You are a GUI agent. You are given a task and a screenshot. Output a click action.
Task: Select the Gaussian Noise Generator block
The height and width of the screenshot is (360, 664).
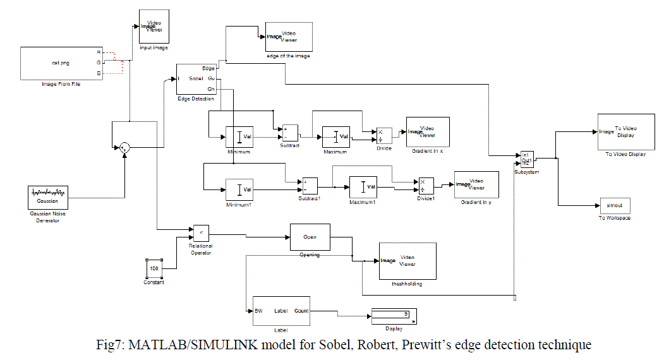(x=47, y=196)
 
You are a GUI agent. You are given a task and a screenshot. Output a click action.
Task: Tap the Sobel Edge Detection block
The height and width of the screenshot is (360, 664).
(x=196, y=79)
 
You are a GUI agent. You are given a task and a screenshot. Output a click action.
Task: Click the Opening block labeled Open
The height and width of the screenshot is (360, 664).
(x=310, y=237)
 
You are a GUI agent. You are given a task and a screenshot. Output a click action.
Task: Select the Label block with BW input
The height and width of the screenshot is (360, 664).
(x=281, y=311)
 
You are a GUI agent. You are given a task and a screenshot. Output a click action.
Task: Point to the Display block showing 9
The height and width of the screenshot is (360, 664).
(x=390, y=314)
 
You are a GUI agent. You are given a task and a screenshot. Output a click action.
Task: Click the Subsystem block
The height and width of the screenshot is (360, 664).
(x=527, y=159)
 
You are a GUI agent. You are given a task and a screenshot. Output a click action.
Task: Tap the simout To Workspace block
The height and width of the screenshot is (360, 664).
(x=615, y=205)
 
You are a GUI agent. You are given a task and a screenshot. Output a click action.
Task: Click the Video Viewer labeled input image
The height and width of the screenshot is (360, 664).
(x=154, y=27)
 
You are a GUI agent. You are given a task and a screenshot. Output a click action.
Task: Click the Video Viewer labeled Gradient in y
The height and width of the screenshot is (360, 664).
(x=476, y=184)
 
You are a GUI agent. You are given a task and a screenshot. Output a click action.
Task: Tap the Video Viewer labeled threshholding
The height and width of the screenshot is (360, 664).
(x=407, y=260)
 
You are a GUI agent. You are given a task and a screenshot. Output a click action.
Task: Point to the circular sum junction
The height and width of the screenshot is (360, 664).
(x=125, y=147)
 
